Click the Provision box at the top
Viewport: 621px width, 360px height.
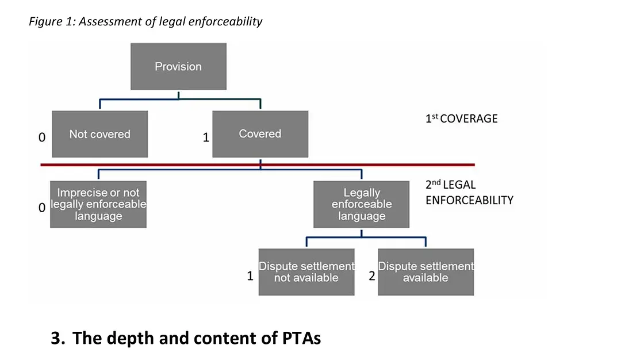coord(178,66)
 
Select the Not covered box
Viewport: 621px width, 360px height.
coord(99,134)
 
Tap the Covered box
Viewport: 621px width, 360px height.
coord(260,134)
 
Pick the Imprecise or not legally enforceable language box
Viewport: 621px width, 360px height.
coord(98,204)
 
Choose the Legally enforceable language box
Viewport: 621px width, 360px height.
coord(361,204)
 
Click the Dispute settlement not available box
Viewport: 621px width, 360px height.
coord(306,272)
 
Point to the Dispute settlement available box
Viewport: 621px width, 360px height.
coord(425,272)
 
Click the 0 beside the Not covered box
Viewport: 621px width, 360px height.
coord(41,138)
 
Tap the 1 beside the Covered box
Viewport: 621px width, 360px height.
coord(206,138)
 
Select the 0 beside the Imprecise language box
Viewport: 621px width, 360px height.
coord(41,208)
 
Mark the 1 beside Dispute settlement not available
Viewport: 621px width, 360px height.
coord(250,276)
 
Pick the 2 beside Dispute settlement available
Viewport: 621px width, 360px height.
coord(371,276)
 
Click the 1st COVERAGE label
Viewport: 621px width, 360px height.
coord(461,119)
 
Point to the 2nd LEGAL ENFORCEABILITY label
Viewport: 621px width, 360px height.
coord(469,193)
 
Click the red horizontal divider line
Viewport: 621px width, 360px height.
coord(172,165)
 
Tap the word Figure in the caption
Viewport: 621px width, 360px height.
coord(44,22)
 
